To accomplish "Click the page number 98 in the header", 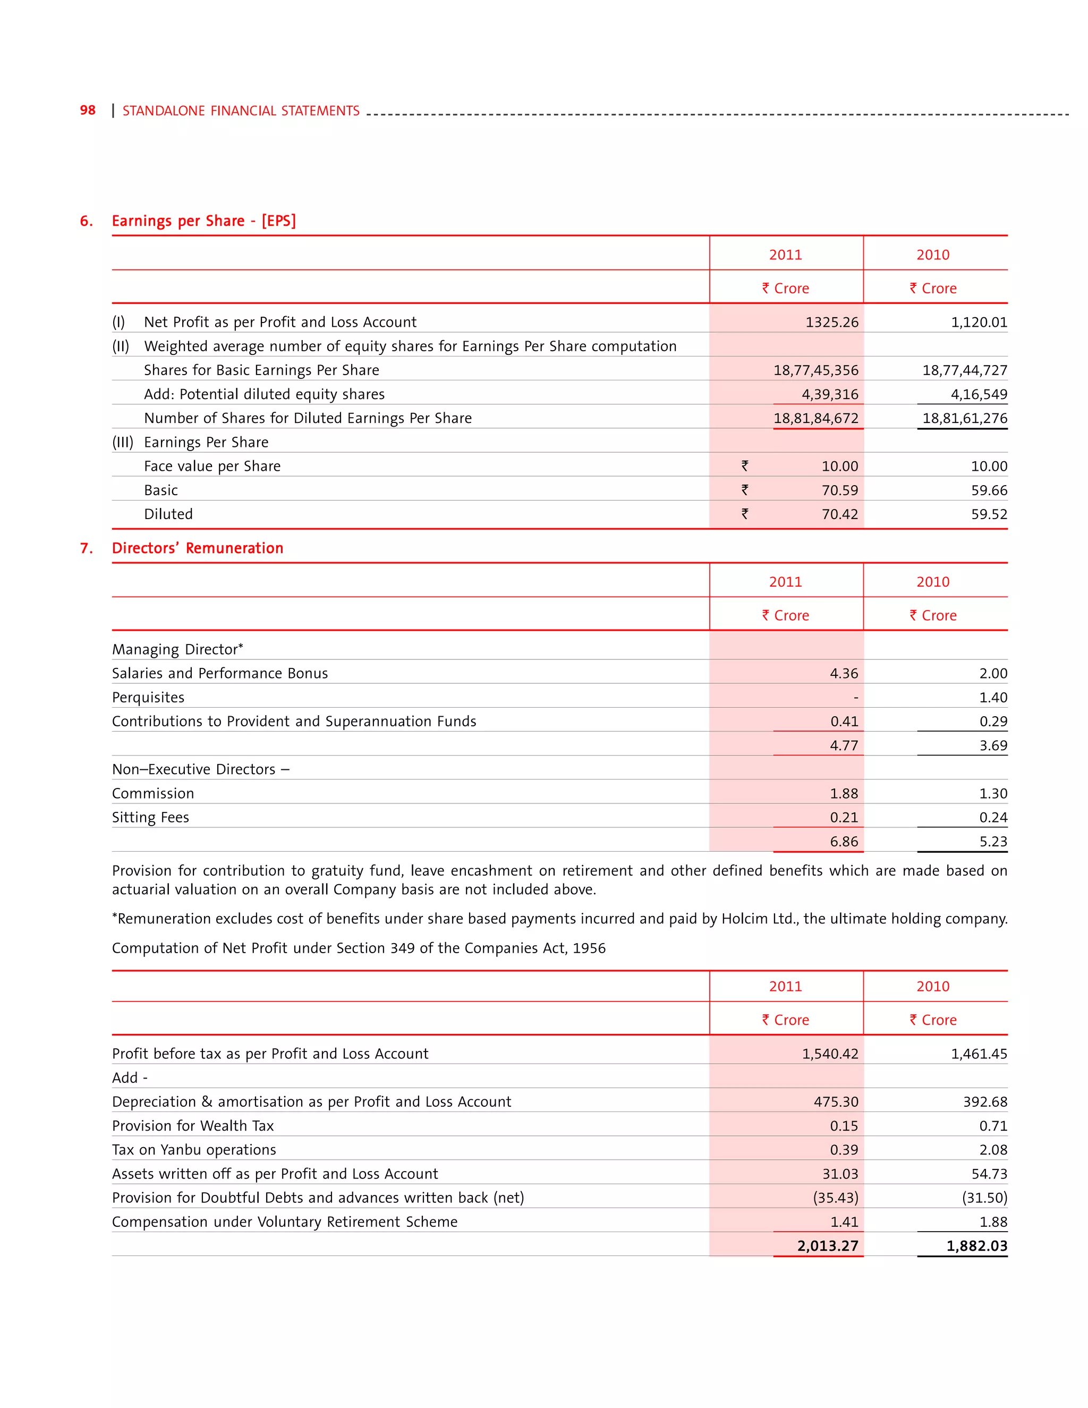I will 88,110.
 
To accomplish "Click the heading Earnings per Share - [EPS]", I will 203,221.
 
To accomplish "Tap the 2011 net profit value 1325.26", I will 831,323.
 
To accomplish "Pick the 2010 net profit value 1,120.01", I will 979,323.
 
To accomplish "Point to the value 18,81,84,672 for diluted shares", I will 815,418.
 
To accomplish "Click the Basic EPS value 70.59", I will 839,490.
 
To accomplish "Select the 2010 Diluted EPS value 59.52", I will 989,514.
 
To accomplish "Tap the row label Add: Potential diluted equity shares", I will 263,395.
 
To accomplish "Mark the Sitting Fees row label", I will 150,818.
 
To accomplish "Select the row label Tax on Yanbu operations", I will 193,1150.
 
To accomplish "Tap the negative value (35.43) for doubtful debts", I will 835,1198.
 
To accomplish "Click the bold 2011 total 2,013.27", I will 827,1246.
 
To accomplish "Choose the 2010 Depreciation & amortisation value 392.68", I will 984,1102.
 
